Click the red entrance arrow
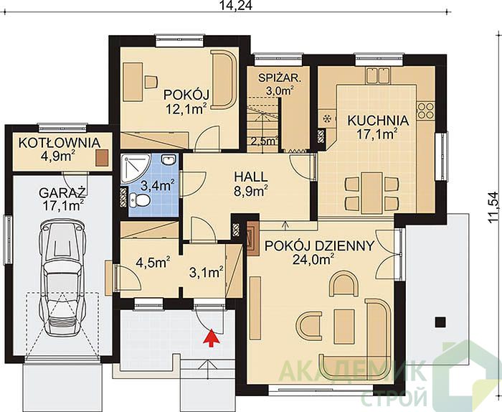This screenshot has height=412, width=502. (x=211, y=337)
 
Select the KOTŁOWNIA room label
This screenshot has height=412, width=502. (x=60, y=143)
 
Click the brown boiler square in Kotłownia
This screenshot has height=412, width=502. (x=102, y=158)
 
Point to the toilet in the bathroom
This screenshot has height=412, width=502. (x=139, y=200)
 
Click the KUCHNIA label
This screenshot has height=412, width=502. (x=378, y=121)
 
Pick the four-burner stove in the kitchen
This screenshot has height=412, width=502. (x=426, y=110)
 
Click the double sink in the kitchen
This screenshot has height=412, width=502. (x=379, y=75)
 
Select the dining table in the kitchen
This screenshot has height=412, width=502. (x=371, y=193)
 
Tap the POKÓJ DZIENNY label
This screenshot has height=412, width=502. (x=319, y=245)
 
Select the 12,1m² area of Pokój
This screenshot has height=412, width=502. (x=186, y=109)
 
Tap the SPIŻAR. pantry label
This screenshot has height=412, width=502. (x=280, y=78)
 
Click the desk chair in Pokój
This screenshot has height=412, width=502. (x=151, y=82)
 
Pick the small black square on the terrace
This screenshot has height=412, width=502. (x=440, y=322)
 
